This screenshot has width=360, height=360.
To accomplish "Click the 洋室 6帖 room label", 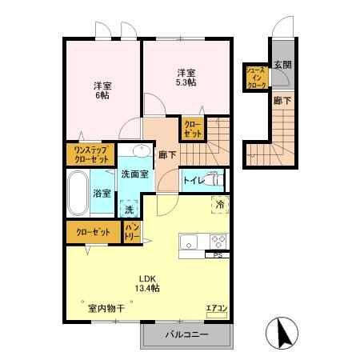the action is pyautogui.click(x=102, y=90).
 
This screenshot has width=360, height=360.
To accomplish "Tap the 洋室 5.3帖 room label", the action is pyautogui.click(x=186, y=78).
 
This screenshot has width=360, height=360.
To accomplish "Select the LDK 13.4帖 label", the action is pyautogui.click(x=147, y=283).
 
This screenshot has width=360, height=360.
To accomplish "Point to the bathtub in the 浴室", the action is pyautogui.click(x=78, y=193).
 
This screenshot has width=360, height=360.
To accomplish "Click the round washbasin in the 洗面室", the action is pyautogui.click(x=142, y=150).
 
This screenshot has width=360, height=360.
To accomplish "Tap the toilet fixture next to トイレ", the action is pyautogui.click(x=214, y=180).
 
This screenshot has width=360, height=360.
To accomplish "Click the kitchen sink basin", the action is pyautogui.click(x=188, y=242).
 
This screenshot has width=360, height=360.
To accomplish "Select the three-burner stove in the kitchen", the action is pyautogui.click(x=219, y=242).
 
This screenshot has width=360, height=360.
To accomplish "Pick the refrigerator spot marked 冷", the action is pyautogui.click(x=220, y=205).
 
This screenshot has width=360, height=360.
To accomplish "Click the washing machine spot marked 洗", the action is pyautogui.click(x=130, y=209).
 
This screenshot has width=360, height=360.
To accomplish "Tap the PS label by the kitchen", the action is pyautogui.click(x=218, y=255).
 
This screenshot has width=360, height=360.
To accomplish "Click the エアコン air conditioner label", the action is pyautogui.click(x=217, y=308).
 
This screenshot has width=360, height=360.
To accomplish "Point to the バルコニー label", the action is pyautogui.click(x=186, y=334).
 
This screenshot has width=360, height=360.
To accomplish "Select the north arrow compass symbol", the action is pyautogui.click(x=282, y=333).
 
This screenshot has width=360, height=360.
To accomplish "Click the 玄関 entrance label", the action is pyautogui.click(x=282, y=65).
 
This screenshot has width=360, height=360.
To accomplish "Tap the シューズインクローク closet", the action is pyautogui.click(x=257, y=78).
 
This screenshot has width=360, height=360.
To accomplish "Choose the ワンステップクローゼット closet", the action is pyautogui.click(x=90, y=154).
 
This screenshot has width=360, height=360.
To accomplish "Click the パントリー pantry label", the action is pyautogui.click(x=132, y=232).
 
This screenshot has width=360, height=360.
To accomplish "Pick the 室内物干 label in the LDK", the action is pyautogui.click(x=106, y=309).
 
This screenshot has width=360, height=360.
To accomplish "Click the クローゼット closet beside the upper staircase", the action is pyautogui.click(x=193, y=129).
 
